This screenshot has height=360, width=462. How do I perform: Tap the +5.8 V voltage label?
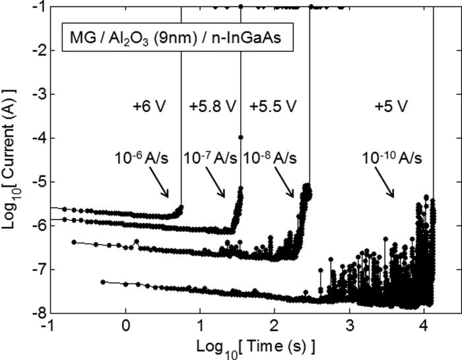(209, 106)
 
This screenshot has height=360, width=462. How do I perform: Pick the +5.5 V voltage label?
(273, 106)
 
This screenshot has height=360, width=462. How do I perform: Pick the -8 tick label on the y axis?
(40, 313)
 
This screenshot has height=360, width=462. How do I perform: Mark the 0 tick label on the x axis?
(125, 326)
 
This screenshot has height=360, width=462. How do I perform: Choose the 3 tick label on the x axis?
(349, 326)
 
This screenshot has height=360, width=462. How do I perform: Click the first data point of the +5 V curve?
(102, 282)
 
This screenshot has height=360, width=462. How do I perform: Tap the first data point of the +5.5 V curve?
(74, 242)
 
